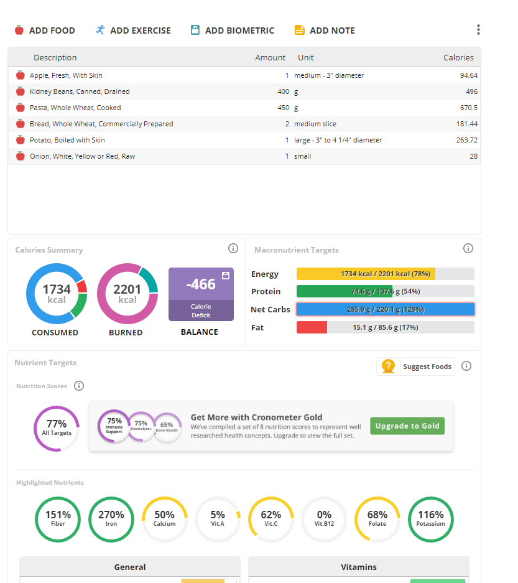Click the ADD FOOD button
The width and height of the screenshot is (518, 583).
[45, 30]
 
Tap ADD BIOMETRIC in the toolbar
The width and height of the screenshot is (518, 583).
[232, 30]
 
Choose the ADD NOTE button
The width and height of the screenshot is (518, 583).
[325, 30]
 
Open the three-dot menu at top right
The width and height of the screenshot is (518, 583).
[478, 30]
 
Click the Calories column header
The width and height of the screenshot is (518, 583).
[458, 57]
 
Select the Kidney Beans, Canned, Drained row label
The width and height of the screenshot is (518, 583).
[80, 91]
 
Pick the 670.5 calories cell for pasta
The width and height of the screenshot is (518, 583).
[466, 108]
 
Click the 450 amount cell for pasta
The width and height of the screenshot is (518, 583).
[279, 108]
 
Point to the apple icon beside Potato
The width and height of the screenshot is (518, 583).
[21, 140]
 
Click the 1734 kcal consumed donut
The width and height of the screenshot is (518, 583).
[56, 294]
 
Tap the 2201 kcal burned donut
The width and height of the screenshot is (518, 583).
[127, 294]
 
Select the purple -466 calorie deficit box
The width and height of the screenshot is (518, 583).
[201, 294]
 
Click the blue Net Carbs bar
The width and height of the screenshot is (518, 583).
[385, 309]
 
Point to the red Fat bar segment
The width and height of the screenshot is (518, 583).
[312, 327]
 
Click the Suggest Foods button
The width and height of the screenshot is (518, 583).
[415, 366]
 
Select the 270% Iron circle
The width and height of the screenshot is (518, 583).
[111, 519]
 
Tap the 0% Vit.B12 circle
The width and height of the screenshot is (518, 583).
[324, 519]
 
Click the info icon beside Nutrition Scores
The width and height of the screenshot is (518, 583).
[79, 386]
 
